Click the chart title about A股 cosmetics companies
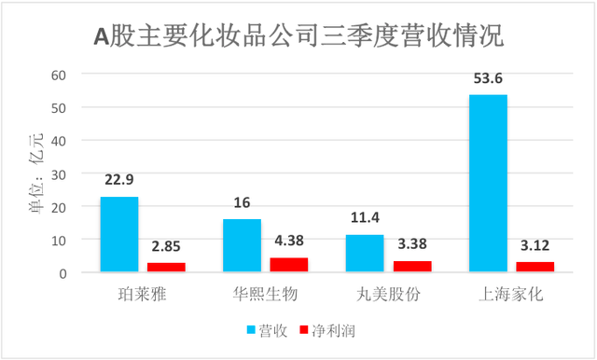(298, 37)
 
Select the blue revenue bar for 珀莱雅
(119, 235)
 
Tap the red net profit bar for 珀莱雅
(166, 268)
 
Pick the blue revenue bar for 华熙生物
(243, 246)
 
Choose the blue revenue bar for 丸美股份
(365, 254)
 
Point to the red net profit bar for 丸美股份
(411, 267)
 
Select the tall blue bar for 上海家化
(488, 184)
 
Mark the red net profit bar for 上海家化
(535, 268)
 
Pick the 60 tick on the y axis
(61, 75)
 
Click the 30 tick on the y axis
(61, 174)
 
